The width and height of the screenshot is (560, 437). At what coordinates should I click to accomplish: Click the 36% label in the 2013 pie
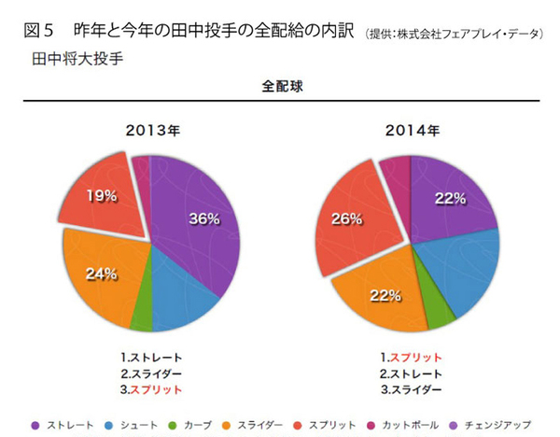click(203, 219)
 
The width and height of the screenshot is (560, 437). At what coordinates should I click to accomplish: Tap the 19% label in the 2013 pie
click(102, 196)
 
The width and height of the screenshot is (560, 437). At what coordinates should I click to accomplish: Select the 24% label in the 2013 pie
click(101, 274)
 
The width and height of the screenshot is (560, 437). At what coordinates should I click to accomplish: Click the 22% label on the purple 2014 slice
click(450, 198)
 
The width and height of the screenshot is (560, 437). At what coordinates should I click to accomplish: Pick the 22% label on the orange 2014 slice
click(384, 295)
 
